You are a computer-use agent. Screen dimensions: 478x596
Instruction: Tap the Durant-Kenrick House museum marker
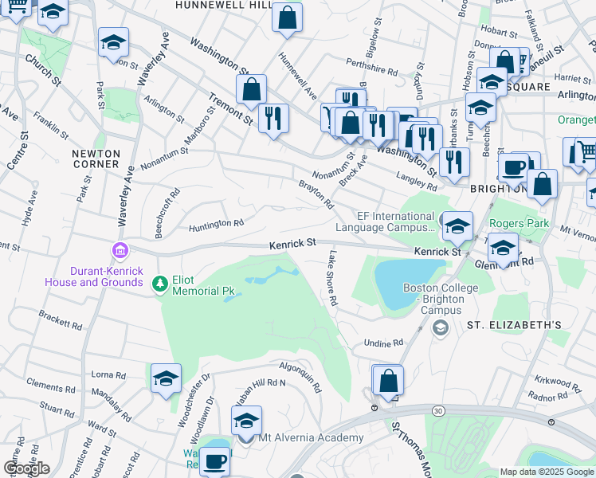[120, 252]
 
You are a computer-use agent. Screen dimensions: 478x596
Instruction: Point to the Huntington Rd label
[216, 225]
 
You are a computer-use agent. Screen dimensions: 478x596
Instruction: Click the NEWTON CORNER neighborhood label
[95, 159]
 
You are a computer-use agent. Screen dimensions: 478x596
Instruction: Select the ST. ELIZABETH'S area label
[514, 325]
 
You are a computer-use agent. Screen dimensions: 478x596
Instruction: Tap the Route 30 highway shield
[438, 409]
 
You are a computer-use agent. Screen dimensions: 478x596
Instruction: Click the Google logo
[26, 468]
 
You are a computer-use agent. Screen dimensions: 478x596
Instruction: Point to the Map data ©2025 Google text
[547, 472]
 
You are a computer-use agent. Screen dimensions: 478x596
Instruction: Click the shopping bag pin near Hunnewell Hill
[287, 17]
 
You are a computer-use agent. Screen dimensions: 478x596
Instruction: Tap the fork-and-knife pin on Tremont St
[274, 118]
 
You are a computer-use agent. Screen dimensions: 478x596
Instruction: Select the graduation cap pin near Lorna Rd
[166, 378]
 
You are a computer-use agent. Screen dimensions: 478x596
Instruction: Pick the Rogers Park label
[519, 224]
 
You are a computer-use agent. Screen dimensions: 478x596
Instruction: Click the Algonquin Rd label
[300, 377]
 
